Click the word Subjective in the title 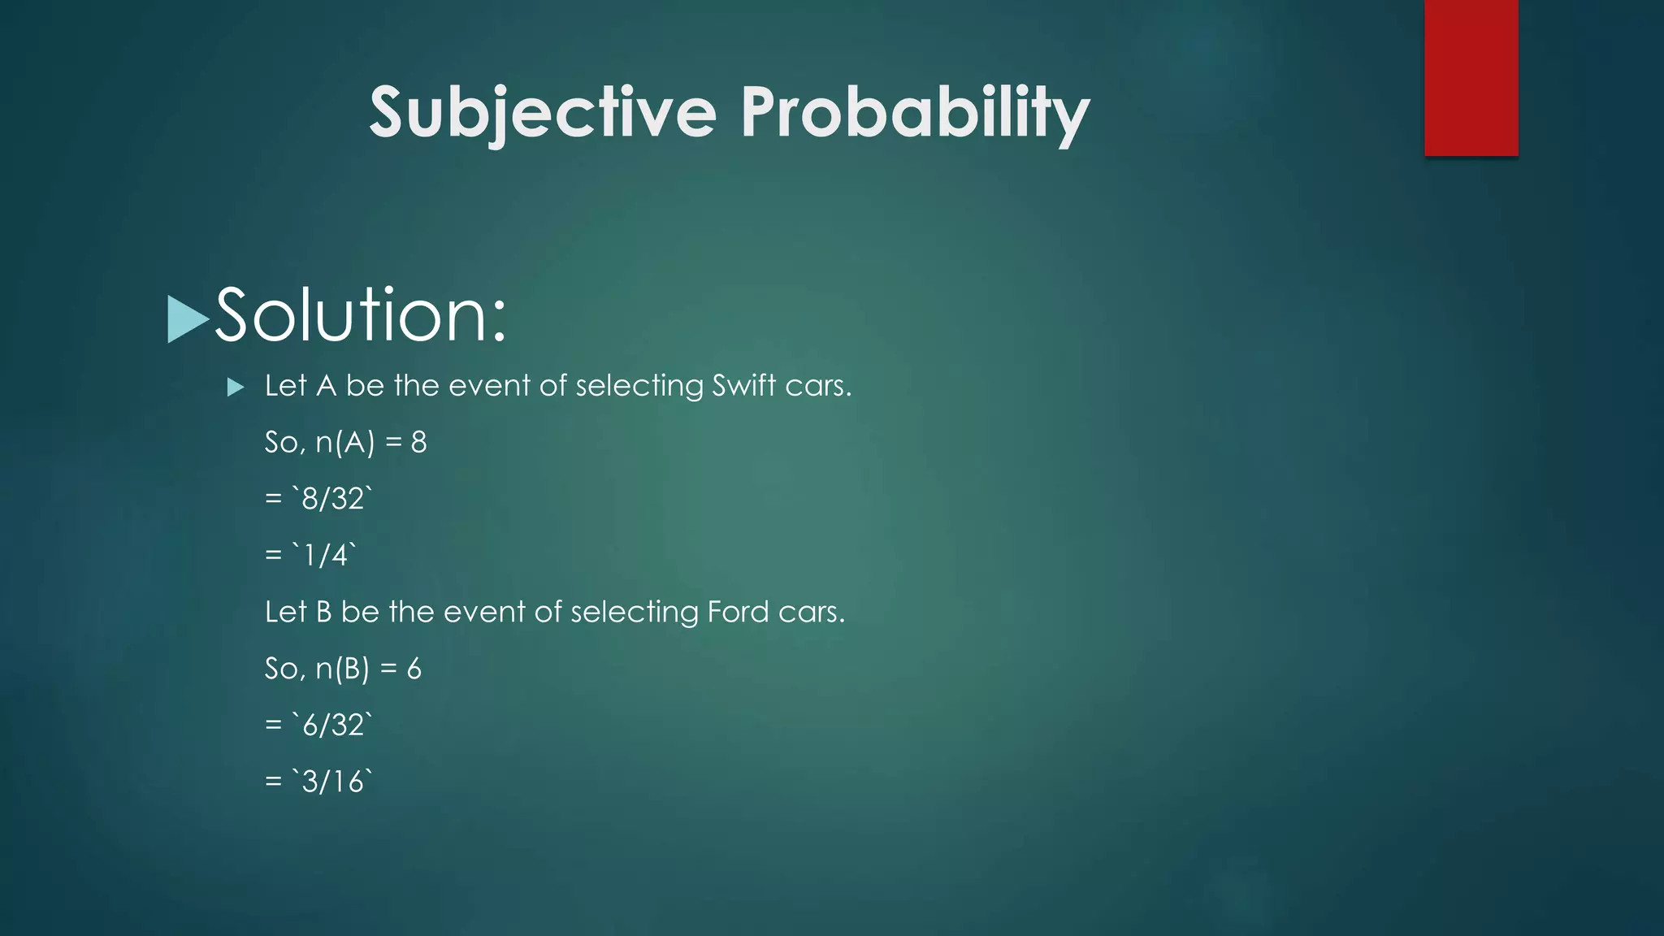pos(543,112)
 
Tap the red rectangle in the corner pos(1471,77)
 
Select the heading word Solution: pos(361,315)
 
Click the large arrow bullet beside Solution pos(187,318)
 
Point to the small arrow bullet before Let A pos(236,387)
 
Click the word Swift pos(743,385)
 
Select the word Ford pos(738,612)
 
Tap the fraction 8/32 pos(332,498)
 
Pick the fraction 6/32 pos(332,725)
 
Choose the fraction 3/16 pos(332,782)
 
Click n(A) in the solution pos(345,442)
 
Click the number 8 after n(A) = pos(418,442)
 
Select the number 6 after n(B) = pos(414,669)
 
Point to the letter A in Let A pos(326,386)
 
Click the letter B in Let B pos(323,612)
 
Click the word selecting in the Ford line pos(635,612)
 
